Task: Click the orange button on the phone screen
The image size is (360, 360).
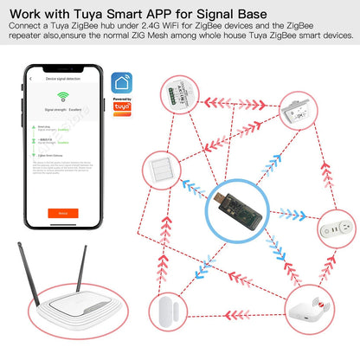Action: pyautogui.click(x=61, y=211)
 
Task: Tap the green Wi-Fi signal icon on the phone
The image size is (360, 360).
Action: pyautogui.click(x=61, y=97)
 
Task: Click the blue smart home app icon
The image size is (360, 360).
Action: pyautogui.click(x=126, y=85)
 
